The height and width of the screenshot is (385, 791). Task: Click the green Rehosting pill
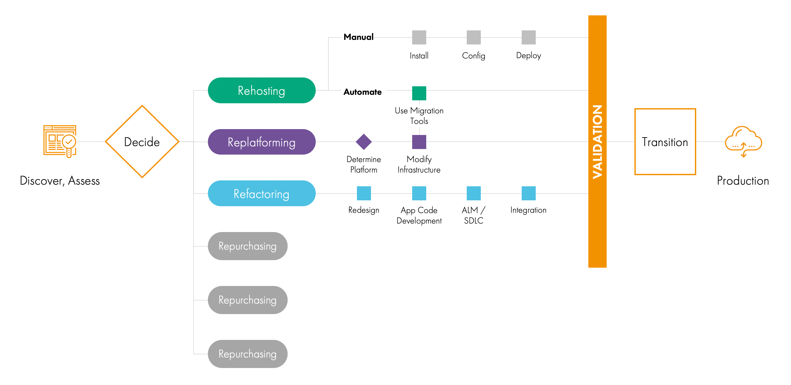[261, 91]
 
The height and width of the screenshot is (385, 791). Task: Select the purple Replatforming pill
[261, 142]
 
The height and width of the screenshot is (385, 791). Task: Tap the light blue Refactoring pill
[261, 193]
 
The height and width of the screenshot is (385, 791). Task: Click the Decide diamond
[142, 142]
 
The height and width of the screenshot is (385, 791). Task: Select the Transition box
[665, 142]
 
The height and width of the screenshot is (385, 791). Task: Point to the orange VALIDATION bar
[597, 141]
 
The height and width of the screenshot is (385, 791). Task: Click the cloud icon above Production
[743, 141]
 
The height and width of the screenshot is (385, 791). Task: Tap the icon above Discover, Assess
[60, 141]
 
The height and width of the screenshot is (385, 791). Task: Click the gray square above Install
[419, 37]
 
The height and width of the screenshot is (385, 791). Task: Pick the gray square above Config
[474, 37]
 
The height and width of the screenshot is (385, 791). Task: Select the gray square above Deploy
[529, 37]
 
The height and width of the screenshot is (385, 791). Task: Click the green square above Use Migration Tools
[419, 93]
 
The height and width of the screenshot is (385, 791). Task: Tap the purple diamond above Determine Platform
[364, 142]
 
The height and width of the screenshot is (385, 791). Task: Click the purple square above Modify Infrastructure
[419, 142]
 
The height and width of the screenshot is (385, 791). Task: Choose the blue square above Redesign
[364, 193]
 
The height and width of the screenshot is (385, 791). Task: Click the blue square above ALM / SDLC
[474, 193]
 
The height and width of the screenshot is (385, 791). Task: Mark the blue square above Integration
[529, 193]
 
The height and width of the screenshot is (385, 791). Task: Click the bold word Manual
[359, 37]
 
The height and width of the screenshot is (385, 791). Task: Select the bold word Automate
[362, 92]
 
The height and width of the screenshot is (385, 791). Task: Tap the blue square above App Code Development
[419, 193]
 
